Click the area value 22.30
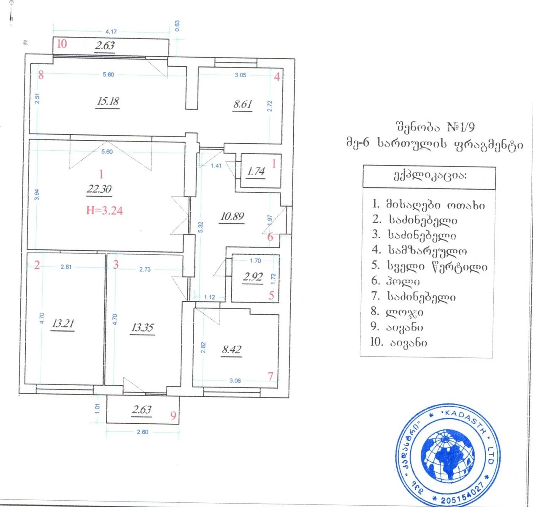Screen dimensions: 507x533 99,189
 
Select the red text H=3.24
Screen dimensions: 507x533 104,210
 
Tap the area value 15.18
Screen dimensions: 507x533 108,101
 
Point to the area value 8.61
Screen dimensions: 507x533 243,104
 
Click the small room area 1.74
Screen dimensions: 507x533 256,172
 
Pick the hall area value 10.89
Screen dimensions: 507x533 232,216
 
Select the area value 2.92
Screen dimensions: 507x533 252,277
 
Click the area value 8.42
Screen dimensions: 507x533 231,349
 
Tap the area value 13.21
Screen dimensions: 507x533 63,324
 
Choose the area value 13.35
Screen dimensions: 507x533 142,327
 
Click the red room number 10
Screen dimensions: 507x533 62,44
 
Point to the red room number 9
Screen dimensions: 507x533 173,416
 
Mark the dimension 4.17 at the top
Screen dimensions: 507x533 111,32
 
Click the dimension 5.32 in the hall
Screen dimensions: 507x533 201,227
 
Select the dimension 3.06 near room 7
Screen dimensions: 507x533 235,381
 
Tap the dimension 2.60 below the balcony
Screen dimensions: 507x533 143,432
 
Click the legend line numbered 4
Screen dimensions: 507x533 419,251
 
